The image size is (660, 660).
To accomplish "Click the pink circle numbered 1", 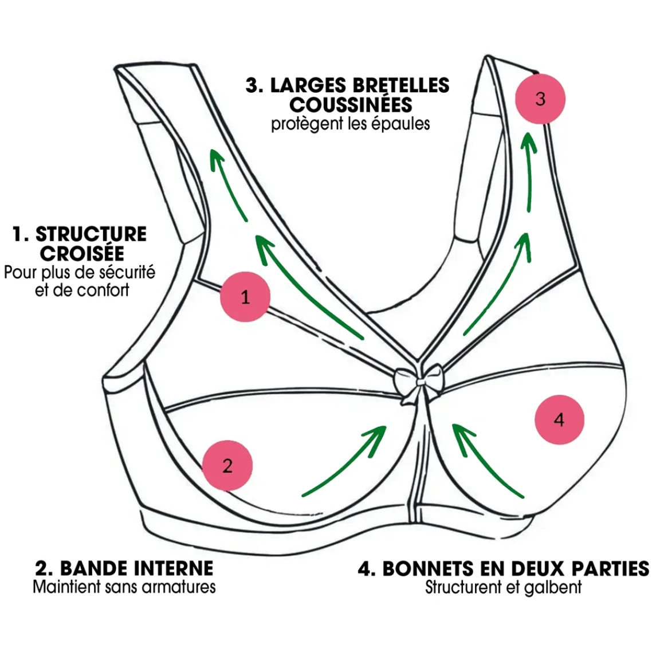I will (x=245, y=297).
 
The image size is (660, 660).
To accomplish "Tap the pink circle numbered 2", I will (x=227, y=465).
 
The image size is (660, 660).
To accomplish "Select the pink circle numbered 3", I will (x=540, y=99).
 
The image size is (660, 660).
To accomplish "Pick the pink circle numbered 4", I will (x=559, y=419).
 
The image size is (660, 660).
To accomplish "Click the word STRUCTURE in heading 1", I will (x=91, y=234).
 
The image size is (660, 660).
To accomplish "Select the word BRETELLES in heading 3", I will (x=400, y=85).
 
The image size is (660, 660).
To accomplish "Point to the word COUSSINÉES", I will (x=351, y=104).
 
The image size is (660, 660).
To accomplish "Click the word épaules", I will (x=400, y=124).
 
